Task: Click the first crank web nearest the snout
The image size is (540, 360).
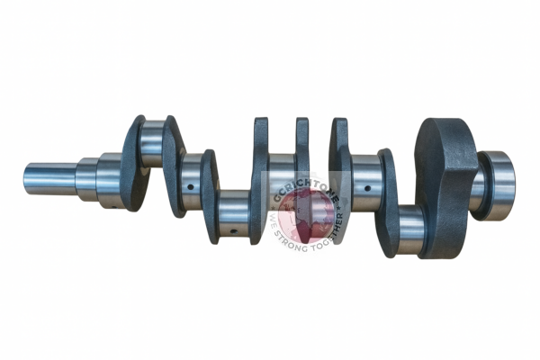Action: (x=133, y=163)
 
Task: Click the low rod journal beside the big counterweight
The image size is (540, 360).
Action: (x=410, y=229)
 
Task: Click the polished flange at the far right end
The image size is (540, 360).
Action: (x=498, y=184)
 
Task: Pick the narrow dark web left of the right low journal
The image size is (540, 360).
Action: (x=388, y=202)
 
